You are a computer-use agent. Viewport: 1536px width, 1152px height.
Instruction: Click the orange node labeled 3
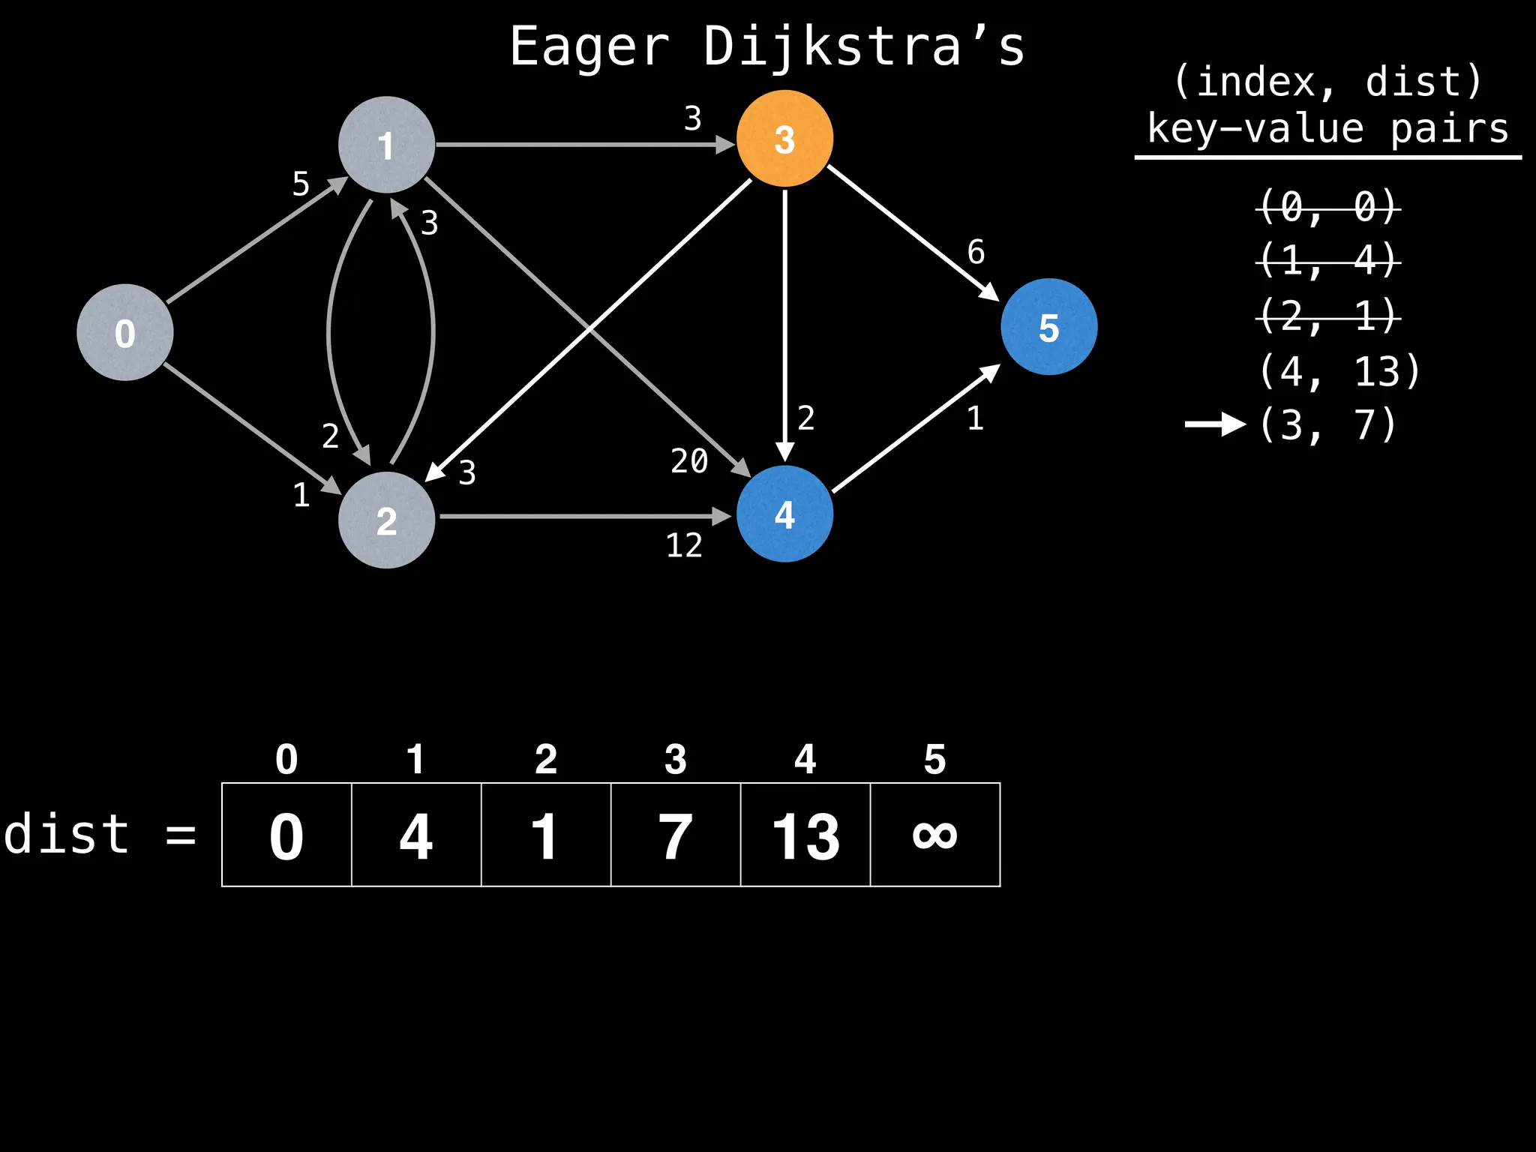(784, 139)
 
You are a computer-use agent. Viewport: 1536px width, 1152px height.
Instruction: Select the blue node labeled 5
(1048, 327)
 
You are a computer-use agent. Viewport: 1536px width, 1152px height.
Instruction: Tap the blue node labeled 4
(784, 514)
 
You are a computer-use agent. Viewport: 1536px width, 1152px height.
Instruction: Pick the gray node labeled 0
(125, 332)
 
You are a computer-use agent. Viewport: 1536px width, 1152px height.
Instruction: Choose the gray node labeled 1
(386, 145)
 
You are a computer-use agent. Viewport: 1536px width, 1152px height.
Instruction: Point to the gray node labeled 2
(386, 520)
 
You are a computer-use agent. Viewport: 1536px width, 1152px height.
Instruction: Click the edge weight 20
(689, 460)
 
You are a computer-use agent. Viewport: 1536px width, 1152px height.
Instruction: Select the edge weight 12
(684, 545)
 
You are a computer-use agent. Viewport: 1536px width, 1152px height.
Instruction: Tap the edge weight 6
(976, 252)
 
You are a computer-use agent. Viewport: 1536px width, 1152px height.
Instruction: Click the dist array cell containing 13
(805, 835)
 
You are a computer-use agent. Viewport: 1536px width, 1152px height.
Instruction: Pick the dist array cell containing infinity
(934, 835)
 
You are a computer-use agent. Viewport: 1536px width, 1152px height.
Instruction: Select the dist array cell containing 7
(675, 835)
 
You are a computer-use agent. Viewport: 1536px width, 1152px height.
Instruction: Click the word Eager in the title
(589, 46)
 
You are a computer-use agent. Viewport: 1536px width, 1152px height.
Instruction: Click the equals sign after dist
(181, 835)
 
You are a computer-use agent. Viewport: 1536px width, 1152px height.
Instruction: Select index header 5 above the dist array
(934, 759)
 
